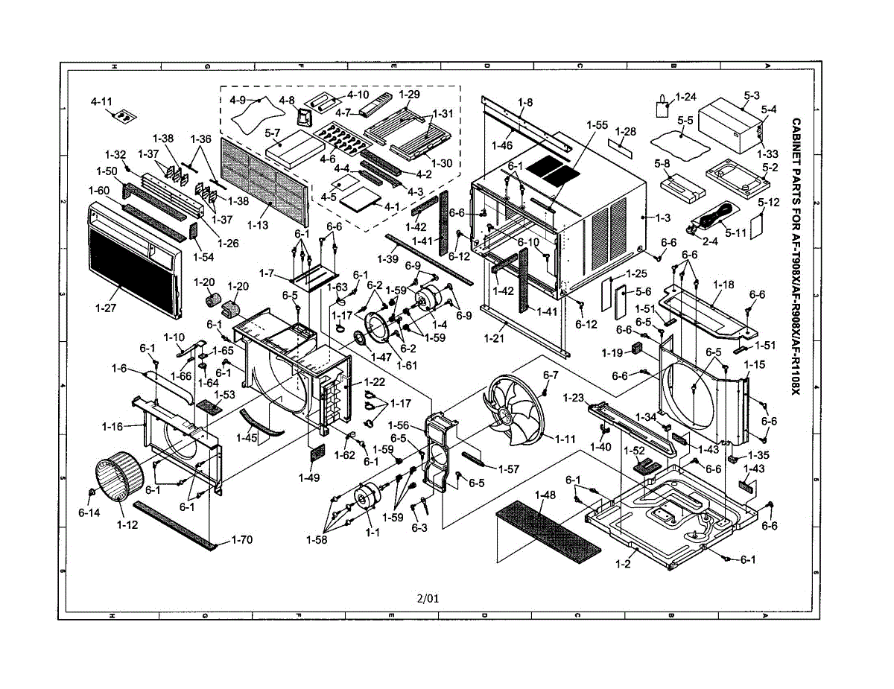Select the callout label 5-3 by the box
pos(752,95)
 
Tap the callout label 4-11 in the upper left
pos(102,101)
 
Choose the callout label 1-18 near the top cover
pos(723,285)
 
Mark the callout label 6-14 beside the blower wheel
pos(89,513)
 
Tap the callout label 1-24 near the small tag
pos(685,97)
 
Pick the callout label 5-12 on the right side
pos(769,202)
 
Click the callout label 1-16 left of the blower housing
pos(112,426)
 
